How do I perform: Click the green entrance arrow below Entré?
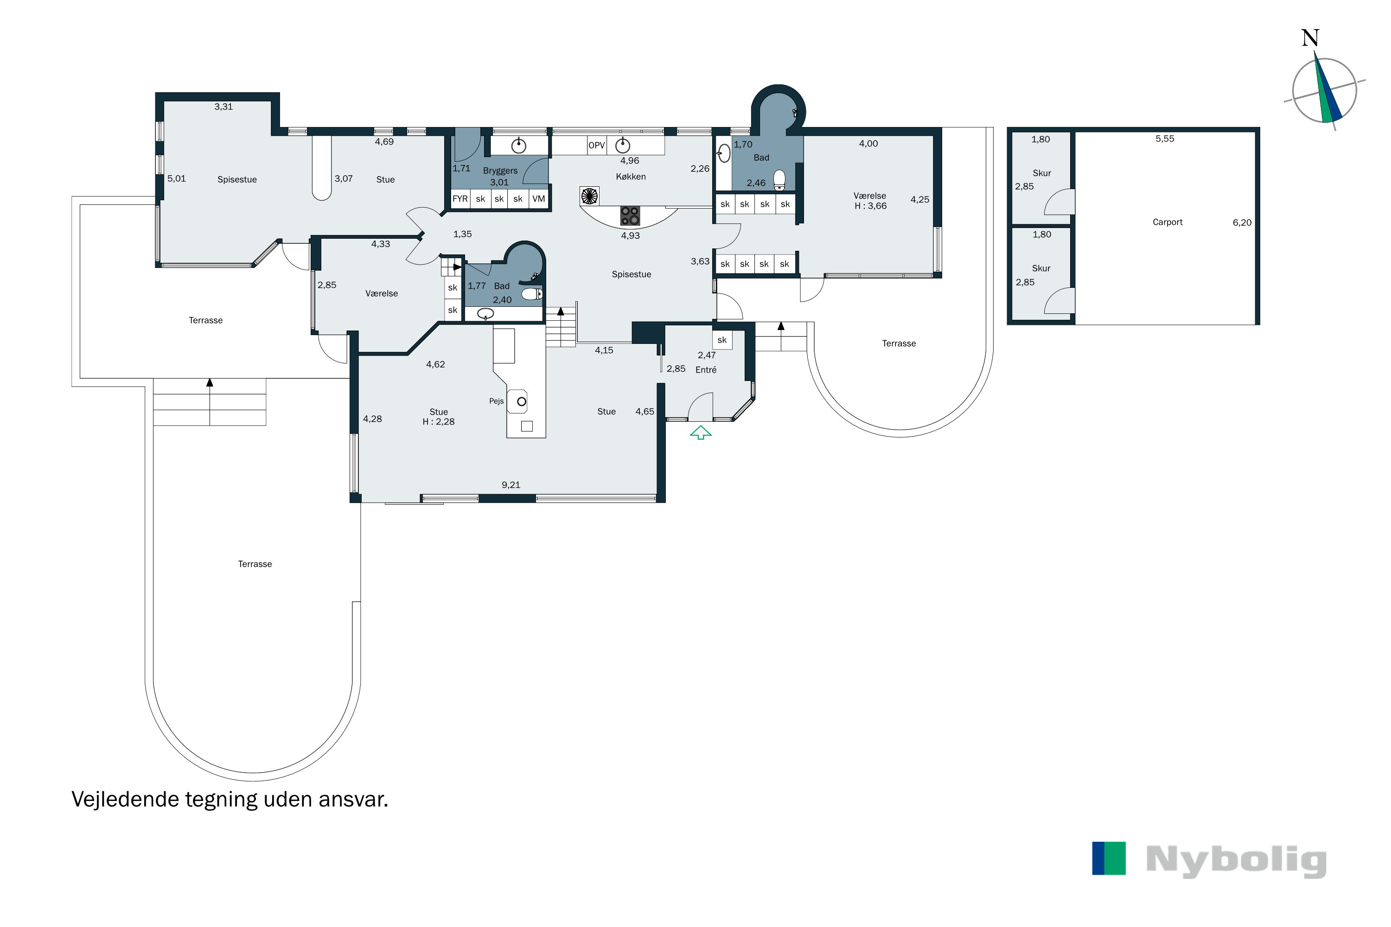click(x=700, y=433)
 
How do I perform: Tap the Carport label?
click(x=1167, y=222)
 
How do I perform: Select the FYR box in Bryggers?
click(x=460, y=199)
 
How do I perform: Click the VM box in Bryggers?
click(x=538, y=199)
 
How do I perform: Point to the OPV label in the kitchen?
click(x=596, y=146)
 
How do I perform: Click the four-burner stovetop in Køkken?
click(x=630, y=216)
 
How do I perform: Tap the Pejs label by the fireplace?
click(x=496, y=401)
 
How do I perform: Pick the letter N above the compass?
click(x=1310, y=38)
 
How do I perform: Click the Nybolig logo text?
click(x=1236, y=861)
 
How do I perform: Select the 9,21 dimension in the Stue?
click(x=511, y=485)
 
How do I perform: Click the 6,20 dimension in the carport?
click(x=1242, y=223)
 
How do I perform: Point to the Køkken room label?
click(x=631, y=177)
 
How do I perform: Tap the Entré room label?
click(x=706, y=370)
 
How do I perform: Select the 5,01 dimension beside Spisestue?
click(x=176, y=178)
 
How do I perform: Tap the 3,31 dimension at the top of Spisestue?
click(x=223, y=107)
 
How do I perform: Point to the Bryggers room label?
click(x=500, y=171)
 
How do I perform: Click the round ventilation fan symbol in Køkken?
click(x=589, y=196)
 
